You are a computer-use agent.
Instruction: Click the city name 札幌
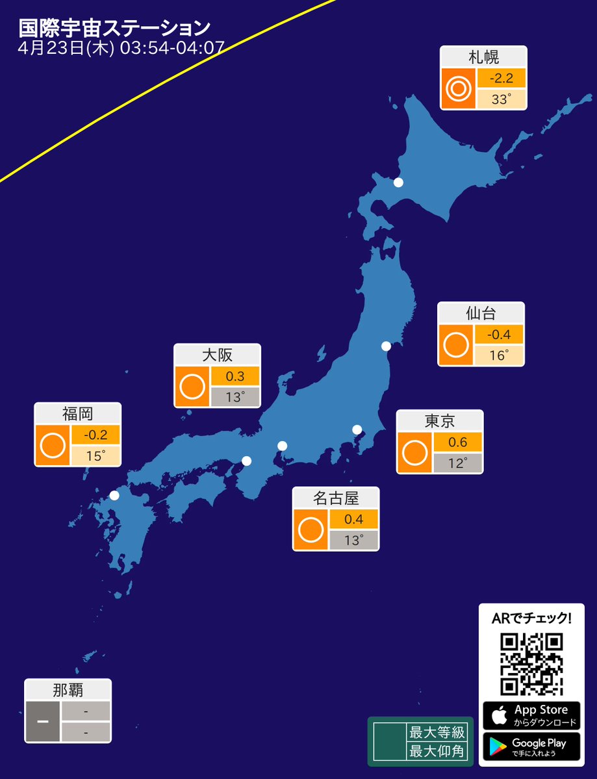tap(483, 57)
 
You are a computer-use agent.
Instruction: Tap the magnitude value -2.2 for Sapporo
tap(501, 79)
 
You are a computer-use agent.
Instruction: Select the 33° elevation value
tap(501, 99)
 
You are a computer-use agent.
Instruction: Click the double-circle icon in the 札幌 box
tap(458, 89)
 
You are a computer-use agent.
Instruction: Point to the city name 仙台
tap(481, 314)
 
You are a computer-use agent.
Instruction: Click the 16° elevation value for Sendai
tap(498, 355)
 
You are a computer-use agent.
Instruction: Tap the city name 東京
tap(440, 421)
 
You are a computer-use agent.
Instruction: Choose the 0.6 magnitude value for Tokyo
tap(457, 442)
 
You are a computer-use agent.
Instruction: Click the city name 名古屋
tap(336, 498)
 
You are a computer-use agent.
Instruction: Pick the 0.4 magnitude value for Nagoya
tap(353, 520)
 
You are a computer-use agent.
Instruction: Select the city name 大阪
tap(217, 355)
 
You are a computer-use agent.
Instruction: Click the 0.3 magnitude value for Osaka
tap(235, 376)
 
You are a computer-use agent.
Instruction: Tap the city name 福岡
tap(77, 413)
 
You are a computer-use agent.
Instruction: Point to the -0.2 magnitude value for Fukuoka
tap(95, 435)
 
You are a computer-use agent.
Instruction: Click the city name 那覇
tap(68, 690)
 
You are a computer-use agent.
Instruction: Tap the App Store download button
tap(531, 715)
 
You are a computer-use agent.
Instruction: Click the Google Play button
tap(531, 747)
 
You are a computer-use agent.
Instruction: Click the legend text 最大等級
tap(437, 732)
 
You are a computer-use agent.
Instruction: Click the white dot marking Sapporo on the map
tap(398, 183)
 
